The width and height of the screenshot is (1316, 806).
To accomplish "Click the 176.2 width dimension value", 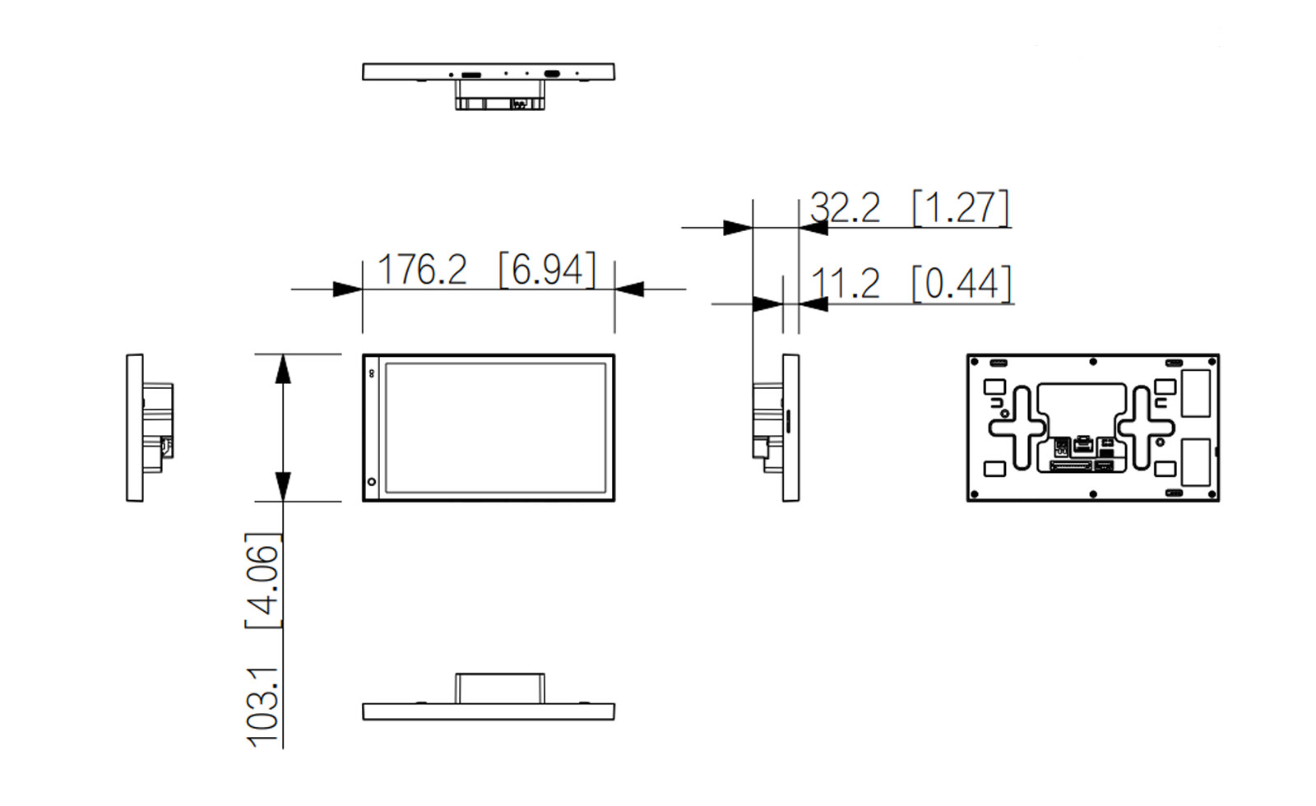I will tap(421, 270).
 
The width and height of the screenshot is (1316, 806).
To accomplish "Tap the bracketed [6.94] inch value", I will tap(547, 270).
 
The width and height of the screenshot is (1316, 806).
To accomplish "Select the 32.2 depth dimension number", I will tap(845, 207).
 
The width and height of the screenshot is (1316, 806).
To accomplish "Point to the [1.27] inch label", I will tap(961, 207).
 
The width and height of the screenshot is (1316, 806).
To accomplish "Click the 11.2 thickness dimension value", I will tap(845, 284).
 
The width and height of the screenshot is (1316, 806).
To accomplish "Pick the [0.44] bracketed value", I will tap(962, 284).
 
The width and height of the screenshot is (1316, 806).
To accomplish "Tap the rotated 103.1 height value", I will tap(264, 707).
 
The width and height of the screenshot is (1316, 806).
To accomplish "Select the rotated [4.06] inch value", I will tap(264, 581).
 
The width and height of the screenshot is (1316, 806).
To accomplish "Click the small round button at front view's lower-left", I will tap(372, 482).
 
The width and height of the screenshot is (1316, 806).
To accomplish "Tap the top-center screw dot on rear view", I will tap(1093, 362).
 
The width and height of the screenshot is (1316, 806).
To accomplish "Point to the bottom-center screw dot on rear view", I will tap(1093, 494).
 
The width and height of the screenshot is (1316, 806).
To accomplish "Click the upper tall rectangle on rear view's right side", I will tap(1196, 393).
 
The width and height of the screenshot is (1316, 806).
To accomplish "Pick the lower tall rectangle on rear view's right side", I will tap(1196, 461).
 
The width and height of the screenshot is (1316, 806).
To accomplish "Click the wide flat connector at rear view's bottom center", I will tap(1069, 466).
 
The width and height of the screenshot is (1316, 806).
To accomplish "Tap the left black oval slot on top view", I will tap(471, 75).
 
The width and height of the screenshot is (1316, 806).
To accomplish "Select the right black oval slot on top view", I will tap(552, 74).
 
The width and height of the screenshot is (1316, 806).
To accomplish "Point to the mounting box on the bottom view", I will tap(500, 688).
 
